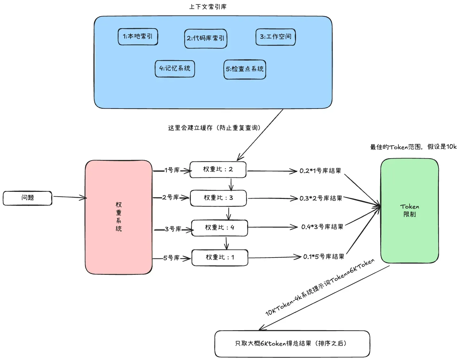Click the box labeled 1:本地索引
pos(138,37)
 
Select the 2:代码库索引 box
pos(205,38)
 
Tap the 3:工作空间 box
pos(275,37)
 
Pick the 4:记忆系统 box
pos(175,69)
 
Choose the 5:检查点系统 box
pos(245,70)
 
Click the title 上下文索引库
pos(208,7)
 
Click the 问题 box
pos(28,198)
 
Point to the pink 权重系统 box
pos(119,217)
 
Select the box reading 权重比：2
pos(218,170)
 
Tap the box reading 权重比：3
pos(218,198)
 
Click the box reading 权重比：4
pos(220,228)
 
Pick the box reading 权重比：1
pos(220,258)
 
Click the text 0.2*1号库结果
pos(320,171)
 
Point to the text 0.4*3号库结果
pos(322,227)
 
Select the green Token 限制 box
pos(409,211)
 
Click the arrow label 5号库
pos(171,258)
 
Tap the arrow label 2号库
pos(171,197)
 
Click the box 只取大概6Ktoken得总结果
pos(292,344)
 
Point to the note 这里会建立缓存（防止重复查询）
pos(214,128)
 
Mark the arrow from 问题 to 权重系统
pos(70,197)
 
